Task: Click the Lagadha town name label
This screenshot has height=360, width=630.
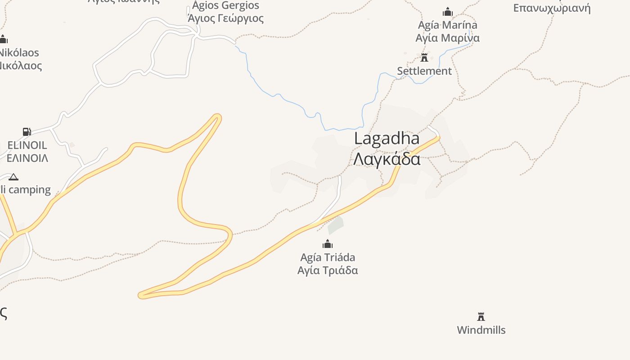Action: [x=387, y=139]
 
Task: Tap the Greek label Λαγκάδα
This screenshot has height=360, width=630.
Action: [x=387, y=159]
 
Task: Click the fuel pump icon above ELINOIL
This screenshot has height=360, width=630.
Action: [x=27, y=132]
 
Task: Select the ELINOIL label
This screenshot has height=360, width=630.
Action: [x=27, y=145]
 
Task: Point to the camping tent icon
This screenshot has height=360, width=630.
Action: [x=13, y=177]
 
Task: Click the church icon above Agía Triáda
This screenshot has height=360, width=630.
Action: [x=328, y=244]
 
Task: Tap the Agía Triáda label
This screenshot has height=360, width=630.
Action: [x=328, y=257]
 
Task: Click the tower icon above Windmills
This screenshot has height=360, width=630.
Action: [x=481, y=316]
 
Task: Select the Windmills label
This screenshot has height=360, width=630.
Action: [x=481, y=330]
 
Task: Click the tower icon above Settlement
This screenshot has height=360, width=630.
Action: [x=424, y=58]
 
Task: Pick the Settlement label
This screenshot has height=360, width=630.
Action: [x=424, y=71]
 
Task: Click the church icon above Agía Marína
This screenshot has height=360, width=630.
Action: [x=447, y=12]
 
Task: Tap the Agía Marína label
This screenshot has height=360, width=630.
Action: [x=447, y=25]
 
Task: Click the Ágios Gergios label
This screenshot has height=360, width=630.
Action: [x=225, y=6]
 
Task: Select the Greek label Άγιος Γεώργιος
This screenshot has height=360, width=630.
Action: [x=225, y=18]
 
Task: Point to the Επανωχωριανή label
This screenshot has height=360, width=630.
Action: [x=552, y=8]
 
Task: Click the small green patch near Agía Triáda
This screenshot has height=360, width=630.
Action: [x=336, y=225]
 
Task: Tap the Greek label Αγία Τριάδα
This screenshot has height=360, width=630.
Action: [x=328, y=270]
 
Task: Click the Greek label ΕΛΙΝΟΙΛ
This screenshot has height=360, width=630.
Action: [x=27, y=158]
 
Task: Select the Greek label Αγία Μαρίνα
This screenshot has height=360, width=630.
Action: [x=447, y=38]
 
